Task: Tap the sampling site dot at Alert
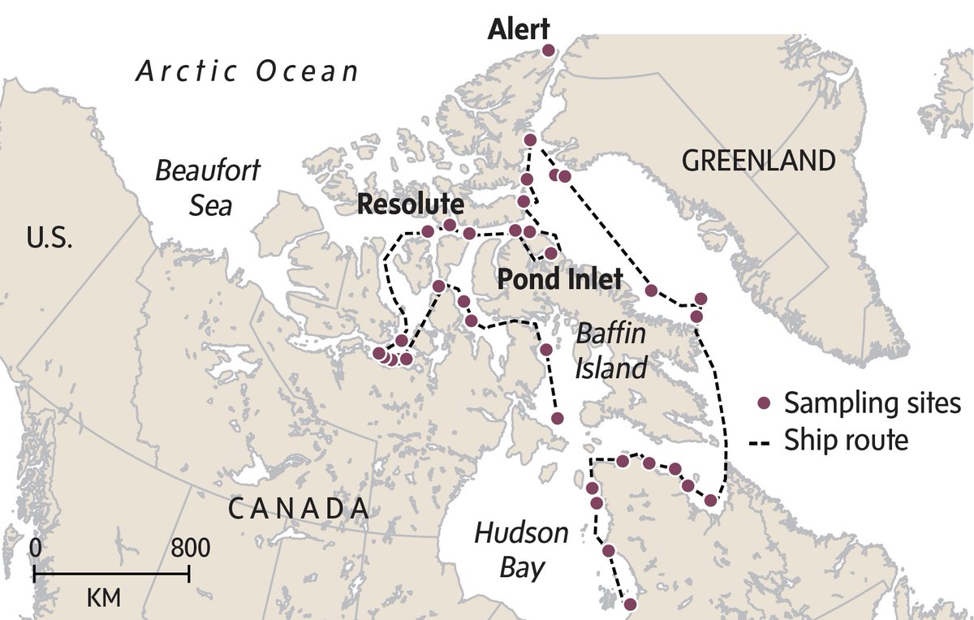click(x=548, y=51)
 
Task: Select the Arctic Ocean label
click(x=247, y=71)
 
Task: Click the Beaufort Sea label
click(x=209, y=187)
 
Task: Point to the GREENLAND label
click(x=758, y=161)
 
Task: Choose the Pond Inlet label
click(x=559, y=280)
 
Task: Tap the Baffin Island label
click(x=611, y=351)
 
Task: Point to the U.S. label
click(x=51, y=239)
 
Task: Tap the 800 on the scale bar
click(x=191, y=548)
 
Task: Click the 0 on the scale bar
click(x=35, y=548)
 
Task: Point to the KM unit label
click(x=103, y=599)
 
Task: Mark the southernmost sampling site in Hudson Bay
click(x=629, y=604)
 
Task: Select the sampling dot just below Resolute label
click(x=449, y=225)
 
